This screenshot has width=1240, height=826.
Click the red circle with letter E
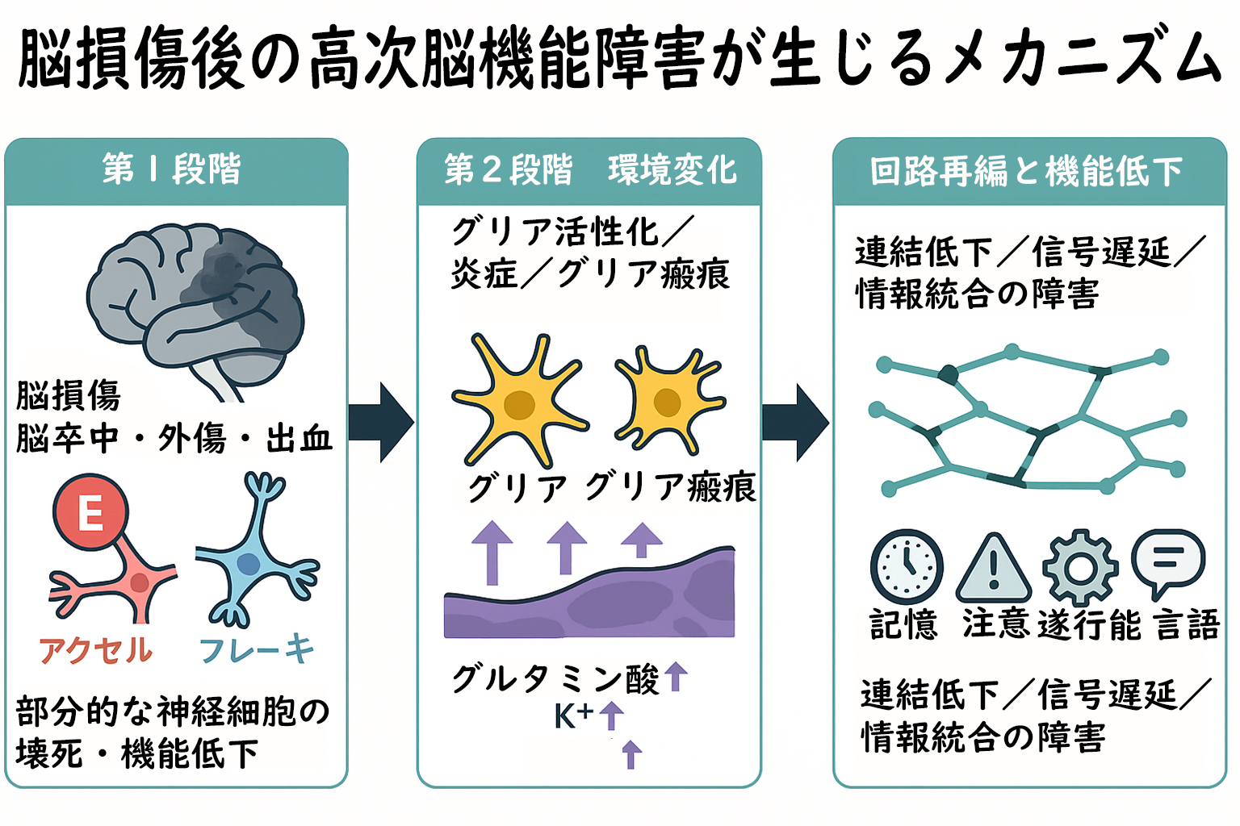[90, 511]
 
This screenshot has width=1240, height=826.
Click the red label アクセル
[95, 651]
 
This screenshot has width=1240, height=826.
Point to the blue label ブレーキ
[256, 649]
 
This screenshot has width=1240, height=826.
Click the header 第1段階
[172, 169]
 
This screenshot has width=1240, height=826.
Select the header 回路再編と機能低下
[1027, 171]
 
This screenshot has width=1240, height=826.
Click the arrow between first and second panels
[381, 422]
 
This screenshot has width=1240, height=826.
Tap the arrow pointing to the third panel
[795, 422]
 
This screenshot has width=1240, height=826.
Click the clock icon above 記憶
[907, 566]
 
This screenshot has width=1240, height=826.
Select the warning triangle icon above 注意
[994, 568]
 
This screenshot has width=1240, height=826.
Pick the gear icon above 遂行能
[1080, 568]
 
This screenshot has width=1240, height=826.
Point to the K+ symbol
[573, 716]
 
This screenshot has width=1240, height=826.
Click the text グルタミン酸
[555, 679]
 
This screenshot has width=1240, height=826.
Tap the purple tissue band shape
[589, 594]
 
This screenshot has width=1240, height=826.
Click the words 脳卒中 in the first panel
[67, 439]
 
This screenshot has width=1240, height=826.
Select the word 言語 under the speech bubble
[1188, 624]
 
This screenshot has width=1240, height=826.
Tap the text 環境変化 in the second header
[672, 170]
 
